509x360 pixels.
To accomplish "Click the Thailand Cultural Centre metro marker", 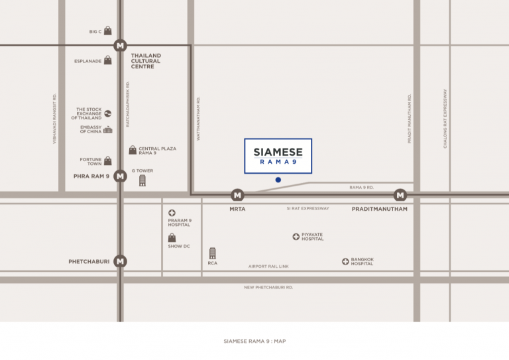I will [120, 46].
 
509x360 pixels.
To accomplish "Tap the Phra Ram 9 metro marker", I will [120, 176].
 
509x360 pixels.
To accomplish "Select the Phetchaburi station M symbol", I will [120, 261].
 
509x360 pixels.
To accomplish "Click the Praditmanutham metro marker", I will [400, 195].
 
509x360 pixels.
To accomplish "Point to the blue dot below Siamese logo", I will [278, 180].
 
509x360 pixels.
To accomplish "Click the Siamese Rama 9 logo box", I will [278, 156].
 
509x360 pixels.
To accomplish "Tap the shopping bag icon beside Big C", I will [107, 31].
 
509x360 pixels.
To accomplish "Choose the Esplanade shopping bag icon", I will [107, 60].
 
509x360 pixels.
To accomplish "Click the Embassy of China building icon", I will [107, 130].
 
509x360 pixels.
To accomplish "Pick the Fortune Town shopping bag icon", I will [107, 161].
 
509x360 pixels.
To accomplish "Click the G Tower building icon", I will [142, 180].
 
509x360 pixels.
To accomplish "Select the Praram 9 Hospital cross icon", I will [172, 213].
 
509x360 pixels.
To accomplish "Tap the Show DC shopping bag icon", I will [172, 237].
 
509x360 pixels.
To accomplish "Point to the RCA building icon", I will [212, 253].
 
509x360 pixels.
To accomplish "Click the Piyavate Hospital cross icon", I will [296, 237].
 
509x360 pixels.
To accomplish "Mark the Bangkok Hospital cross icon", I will [345, 262].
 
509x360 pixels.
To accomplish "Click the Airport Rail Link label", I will [268, 267].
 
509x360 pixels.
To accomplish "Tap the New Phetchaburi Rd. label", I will [268, 287].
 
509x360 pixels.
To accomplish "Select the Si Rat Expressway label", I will [308, 208].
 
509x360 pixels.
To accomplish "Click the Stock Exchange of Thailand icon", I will [107, 113].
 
